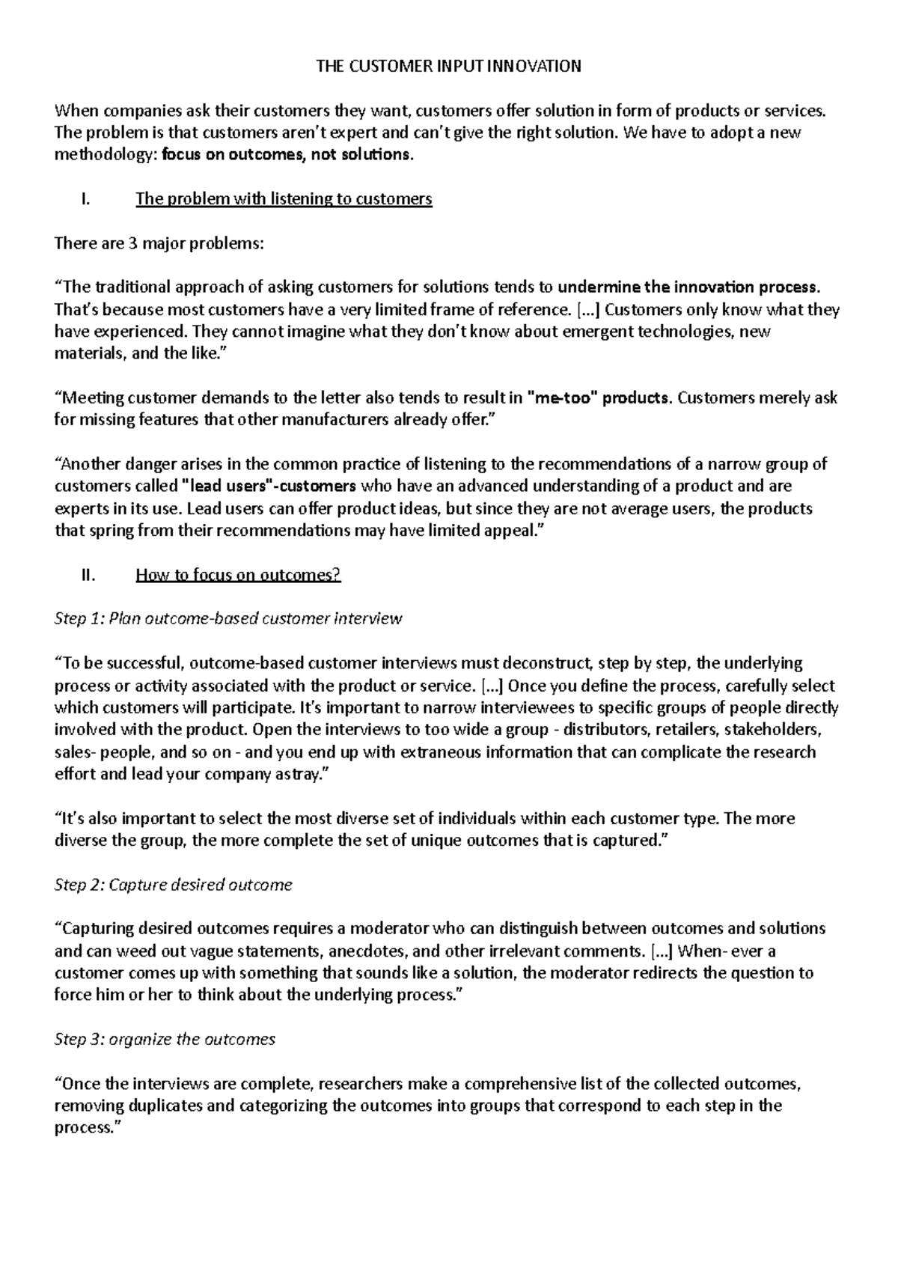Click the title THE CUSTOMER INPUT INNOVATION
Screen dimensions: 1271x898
pyautogui.click(x=448, y=66)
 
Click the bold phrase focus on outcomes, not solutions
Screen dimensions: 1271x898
pyautogui.click(x=287, y=155)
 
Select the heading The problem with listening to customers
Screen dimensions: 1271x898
pyautogui.click(x=284, y=199)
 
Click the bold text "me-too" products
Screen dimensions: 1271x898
pyautogui.click(x=599, y=397)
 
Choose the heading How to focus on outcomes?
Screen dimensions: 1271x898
pyautogui.click(x=237, y=575)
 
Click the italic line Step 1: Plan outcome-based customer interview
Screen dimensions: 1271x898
pyautogui.click(x=228, y=619)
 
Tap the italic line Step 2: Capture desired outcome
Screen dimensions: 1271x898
pyautogui.click(x=173, y=885)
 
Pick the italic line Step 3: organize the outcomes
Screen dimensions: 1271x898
pyautogui.click(x=165, y=1039)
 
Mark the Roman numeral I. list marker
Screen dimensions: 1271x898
pyautogui.click(x=84, y=199)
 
